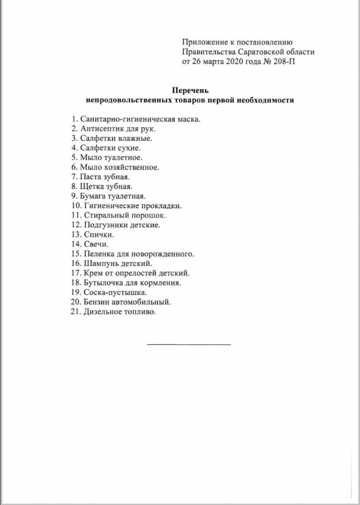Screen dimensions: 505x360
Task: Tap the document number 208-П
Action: (282, 62)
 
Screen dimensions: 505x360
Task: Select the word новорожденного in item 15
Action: (166, 254)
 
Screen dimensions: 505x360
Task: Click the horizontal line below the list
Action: (189, 344)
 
